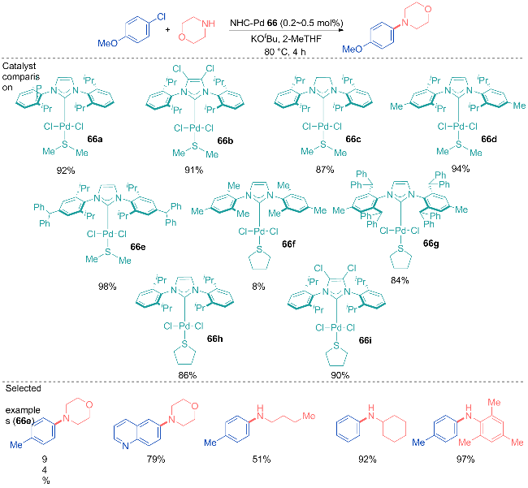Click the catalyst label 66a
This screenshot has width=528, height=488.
pyautogui.click(x=95, y=139)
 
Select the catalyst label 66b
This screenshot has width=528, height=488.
pyautogui.click(x=225, y=140)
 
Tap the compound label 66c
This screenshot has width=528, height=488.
pyautogui.click(x=353, y=139)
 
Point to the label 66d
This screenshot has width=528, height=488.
pyautogui.click(x=489, y=139)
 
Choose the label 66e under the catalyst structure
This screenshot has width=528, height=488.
pyautogui.click(x=138, y=247)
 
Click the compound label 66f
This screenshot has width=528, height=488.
pyautogui.click(x=288, y=244)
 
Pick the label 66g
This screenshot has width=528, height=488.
pyautogui.click(x=431, y=244)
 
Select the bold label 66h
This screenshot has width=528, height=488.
pyautogui.click(x=214, y=339)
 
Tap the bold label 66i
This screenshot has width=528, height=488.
pyautogui.click(x=366, y=340)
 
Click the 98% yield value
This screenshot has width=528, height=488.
pyautogui.click(x=107, y=287)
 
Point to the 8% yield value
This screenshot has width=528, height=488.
pyautogui.click(x=258, y=287)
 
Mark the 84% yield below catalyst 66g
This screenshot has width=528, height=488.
pyautogui.click(x=400, y=280)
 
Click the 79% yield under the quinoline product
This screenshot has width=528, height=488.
pyautogui.click(x=156, y=459)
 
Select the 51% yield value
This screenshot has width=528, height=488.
pyautogui.click(x=262, y=459)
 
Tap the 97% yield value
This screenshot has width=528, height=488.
pyautogui.click(x=465, y=459)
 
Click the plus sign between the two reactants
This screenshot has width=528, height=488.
pyautogui.click(x=167, y=29)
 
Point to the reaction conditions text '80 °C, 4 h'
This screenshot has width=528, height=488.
pyautogui.click(x=285, y=52)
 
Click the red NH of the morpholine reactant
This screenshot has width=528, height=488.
pyautogui.click(x=209, y=24)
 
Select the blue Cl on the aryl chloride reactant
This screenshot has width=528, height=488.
pyautogui.click(x=162, y=16)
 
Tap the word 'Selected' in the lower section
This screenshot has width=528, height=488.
pyautogui.click(x=24, y=388)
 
